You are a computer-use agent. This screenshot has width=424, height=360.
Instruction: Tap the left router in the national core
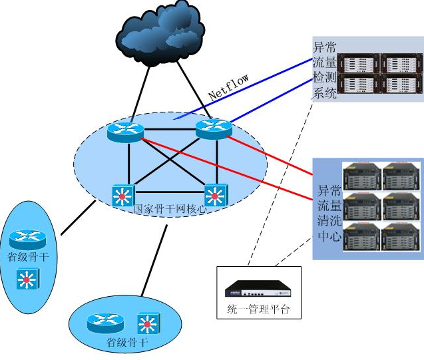(124, 131)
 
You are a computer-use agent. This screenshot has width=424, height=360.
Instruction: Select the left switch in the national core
(122, 195)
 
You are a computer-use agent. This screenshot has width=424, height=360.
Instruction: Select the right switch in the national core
(214, 195)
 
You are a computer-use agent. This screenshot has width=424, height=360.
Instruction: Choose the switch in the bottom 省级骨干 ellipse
(146, 323)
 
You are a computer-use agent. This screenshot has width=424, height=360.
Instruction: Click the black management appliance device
(258, 288)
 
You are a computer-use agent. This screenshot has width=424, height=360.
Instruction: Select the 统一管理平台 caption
(259, 309)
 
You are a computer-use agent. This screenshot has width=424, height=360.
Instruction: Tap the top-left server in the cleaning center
(361, 176)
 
